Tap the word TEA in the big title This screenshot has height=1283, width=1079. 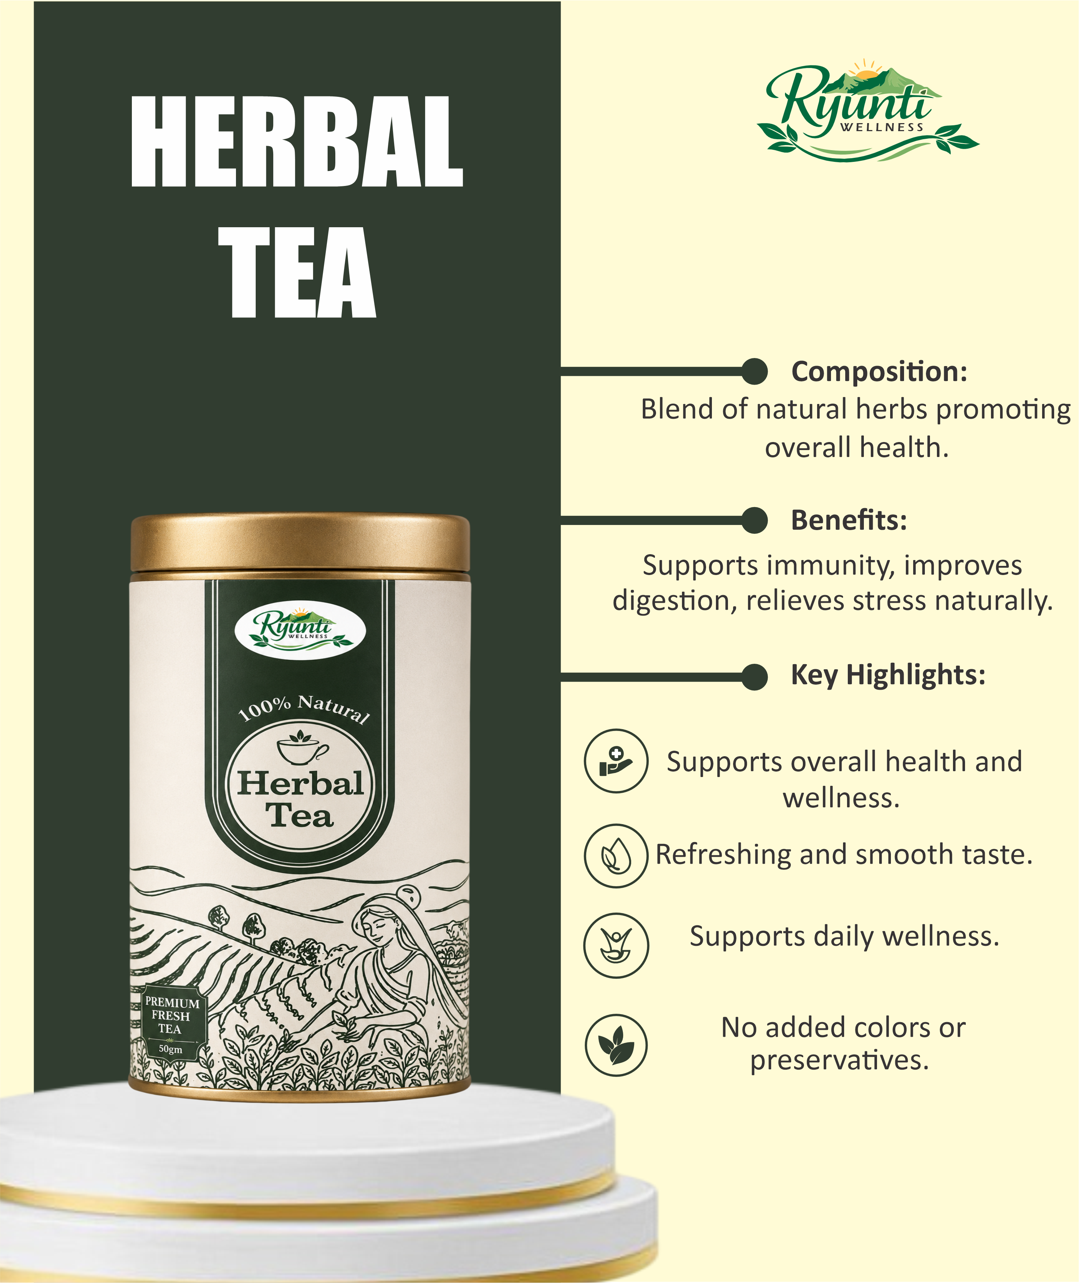coord(297,273)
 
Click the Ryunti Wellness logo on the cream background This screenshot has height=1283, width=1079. coord(868,111)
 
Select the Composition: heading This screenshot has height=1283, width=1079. coord(880,372)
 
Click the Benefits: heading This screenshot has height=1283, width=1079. coord(849,520)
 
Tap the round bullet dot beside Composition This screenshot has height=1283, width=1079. coord(754,372)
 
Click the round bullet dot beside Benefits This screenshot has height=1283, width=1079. coord(754,520)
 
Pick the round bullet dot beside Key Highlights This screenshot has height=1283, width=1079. coord(754,677)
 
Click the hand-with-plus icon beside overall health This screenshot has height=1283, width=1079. coord(615,761)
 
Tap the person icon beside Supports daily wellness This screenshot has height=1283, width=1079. coord(615,945)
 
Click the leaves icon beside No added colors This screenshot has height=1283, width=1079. coord(615,1045)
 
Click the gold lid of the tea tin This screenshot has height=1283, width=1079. coord(300,543)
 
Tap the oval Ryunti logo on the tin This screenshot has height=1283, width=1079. coord(300,629)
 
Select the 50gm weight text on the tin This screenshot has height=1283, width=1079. coord(171,1049)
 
